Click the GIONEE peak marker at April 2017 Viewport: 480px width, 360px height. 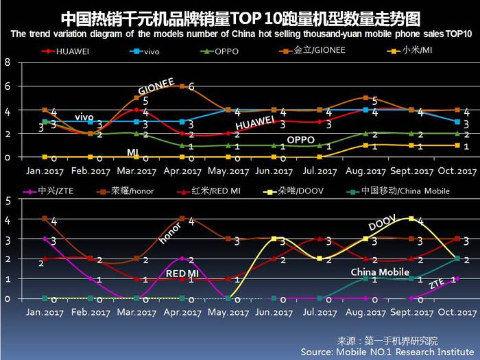tap(182, 86)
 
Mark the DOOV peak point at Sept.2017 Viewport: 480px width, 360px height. tap(411, 219)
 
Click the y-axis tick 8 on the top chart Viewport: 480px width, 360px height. tap(8, 63)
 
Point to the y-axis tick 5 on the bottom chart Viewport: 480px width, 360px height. tap(8, 201)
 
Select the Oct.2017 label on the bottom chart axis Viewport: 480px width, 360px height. tap(457, 312)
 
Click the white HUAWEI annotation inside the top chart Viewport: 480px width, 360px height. tap(254, 124)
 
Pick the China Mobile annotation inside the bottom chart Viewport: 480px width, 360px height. tap(380, 272)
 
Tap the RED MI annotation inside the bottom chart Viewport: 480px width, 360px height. tap(182, 274)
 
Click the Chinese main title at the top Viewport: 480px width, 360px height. tap(239, 16)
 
